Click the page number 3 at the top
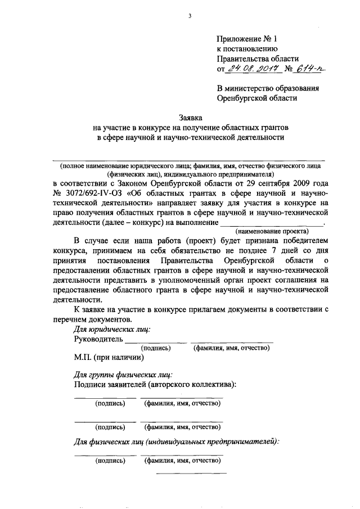click(190, 16)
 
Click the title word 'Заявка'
click(190, 118)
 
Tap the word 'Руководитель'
click(98, 339)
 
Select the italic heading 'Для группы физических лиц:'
click(123, 374)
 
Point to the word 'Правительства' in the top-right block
click(242, 58)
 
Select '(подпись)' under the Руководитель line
click(155, 348)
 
